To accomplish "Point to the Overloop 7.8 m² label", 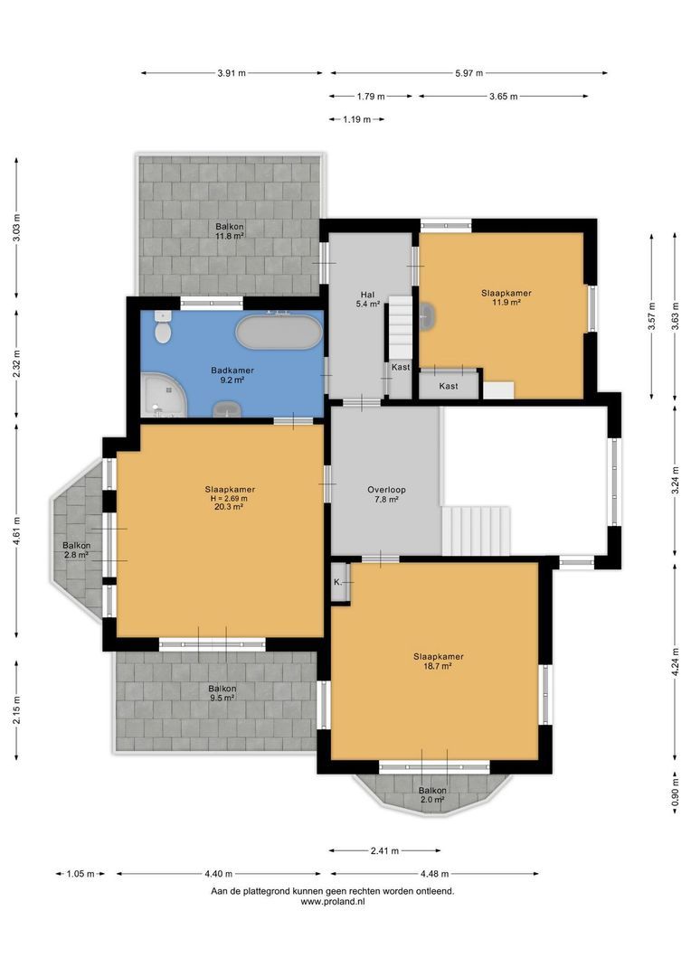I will click(386, 495).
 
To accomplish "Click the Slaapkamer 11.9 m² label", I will click(506, 297).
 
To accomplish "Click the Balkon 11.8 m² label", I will click(229, 231).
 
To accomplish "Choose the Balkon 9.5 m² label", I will click(222, 693).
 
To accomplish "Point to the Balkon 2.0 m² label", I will click(431, 794).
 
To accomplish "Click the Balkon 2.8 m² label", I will click(76, 550).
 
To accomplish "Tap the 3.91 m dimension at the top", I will click(232, 74).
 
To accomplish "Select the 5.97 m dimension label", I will click(469, 74).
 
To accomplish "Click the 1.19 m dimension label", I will click(357, 119).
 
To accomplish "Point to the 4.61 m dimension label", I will click(16, 530).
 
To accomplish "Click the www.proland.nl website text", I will click(332, 901).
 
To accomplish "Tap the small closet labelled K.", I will click(338, 582).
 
